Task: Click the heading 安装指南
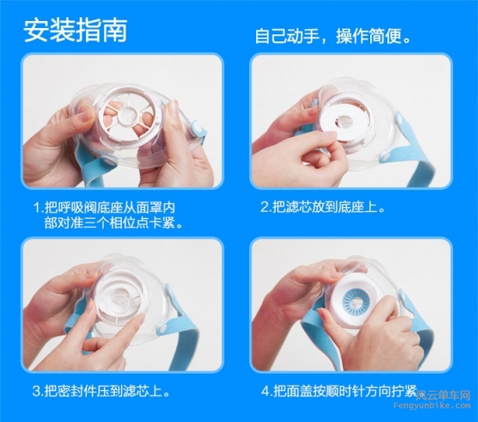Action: point(75,30)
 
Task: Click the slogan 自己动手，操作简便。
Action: point(334,37)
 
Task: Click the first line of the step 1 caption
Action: point(104,208)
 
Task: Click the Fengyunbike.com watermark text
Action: point(432,406)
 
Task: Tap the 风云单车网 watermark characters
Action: point(444,395)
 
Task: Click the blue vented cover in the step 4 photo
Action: point(355,302)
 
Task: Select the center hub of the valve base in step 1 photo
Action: point(127,115)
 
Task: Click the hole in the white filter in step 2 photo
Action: point(347,121)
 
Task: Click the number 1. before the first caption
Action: point(38,208)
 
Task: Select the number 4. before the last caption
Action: point(266,392)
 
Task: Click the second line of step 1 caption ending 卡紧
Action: point(113,224)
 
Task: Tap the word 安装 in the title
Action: point(48,30)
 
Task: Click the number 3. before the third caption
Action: point(38,392)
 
